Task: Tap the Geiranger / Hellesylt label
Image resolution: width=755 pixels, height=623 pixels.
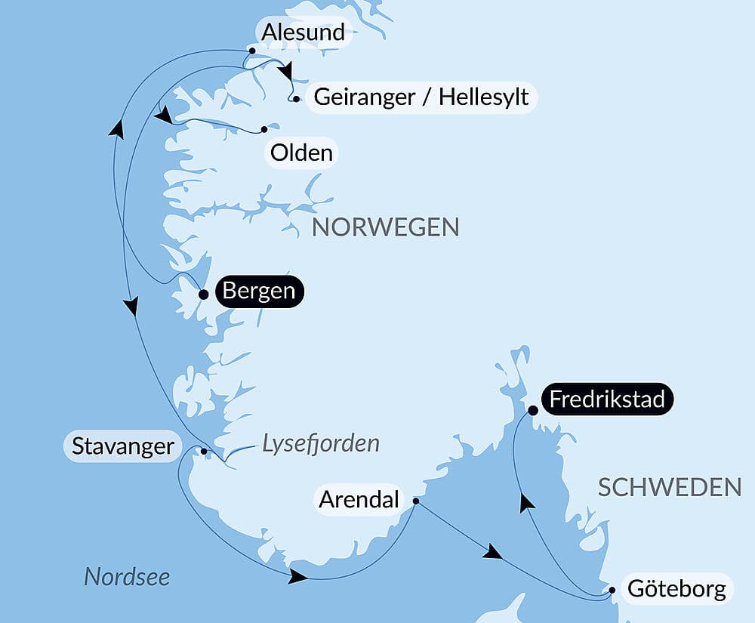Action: tap(421, 97)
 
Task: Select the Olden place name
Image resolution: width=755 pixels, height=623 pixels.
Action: tap(301, 153)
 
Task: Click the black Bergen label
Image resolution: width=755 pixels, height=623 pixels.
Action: tap(259, 291)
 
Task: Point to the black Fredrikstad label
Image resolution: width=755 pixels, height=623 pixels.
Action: tap(606, 399)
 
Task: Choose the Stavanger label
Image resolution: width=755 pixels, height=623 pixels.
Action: tap(122, 446)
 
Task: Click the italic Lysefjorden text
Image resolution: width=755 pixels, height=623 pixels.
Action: tap(320, 444)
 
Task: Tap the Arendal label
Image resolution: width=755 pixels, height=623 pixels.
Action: tap(359, 500)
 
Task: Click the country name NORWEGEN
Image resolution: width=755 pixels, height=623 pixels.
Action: tap(385, 227)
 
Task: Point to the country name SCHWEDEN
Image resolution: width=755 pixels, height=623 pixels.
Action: tap(669, 488)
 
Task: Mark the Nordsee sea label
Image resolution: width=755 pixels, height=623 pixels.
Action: tap(127, 577)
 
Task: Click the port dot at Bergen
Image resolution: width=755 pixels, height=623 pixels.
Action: tap(203, 295)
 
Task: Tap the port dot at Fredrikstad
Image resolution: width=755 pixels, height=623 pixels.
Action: tap(532, 411)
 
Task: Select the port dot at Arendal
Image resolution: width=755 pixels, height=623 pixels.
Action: tap(416, 501)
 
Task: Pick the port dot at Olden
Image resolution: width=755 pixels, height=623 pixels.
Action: tap(264, 129)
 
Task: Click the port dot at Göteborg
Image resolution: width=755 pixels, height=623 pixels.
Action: tap(613, 591)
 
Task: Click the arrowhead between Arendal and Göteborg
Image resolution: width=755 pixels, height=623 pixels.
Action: tap(492, 553)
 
